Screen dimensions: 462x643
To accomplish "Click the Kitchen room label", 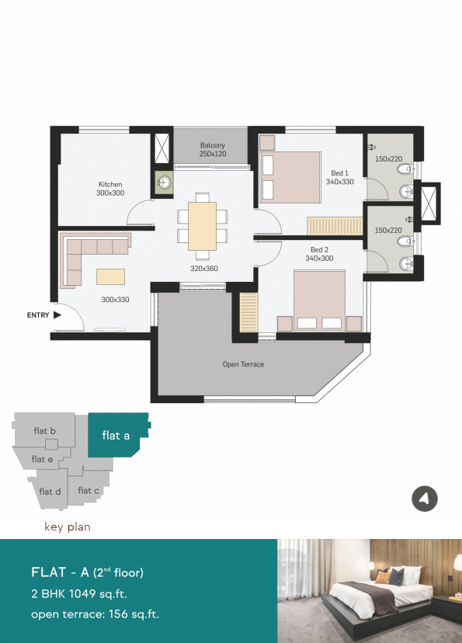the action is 110,185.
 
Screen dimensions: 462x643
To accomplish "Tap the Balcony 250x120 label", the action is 213,150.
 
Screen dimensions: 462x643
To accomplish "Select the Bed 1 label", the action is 340,173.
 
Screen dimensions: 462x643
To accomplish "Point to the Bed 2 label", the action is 319,250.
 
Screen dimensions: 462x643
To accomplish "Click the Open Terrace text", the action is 243,364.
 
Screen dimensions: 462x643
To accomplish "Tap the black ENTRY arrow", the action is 57,315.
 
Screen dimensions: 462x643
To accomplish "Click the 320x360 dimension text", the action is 204,269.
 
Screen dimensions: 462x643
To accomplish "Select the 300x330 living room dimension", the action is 115,300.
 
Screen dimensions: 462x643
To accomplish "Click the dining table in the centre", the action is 202,226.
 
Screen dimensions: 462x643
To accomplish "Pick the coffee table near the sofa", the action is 111,276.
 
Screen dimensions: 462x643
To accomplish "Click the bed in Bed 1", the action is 290,177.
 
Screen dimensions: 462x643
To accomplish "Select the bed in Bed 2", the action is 319,301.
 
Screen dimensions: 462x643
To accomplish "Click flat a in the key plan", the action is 116,435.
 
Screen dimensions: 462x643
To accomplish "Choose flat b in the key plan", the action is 45,430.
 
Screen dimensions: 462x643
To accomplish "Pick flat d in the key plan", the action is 50,492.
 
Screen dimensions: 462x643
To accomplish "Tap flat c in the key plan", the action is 89,491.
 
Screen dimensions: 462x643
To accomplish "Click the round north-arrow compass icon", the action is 425,499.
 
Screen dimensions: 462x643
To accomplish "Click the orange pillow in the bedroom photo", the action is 383,578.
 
